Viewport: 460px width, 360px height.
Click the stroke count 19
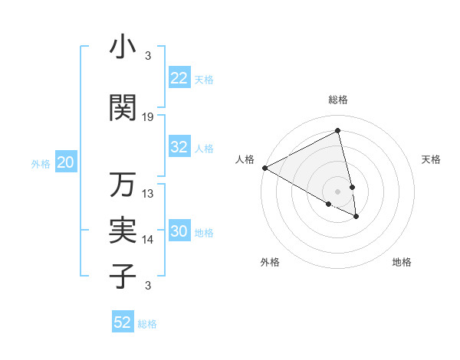(148, 117)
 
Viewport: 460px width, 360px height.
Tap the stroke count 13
(148, 194)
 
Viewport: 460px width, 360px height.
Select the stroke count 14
(148, 240)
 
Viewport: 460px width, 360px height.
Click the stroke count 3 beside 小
(148, 56)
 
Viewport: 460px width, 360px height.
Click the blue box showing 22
(179, 78)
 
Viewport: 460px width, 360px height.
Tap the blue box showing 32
(179, 147)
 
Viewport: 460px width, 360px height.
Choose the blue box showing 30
(179, 232)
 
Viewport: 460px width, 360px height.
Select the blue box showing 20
(66, 162)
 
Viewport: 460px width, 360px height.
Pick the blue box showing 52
(123, 322)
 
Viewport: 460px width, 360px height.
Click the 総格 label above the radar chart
(338, 100)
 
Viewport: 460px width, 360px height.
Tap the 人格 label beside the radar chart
(245, 159)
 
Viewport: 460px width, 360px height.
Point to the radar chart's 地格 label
(402, 262)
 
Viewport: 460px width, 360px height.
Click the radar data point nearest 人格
(264, 168)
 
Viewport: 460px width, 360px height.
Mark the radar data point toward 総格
(338, 131)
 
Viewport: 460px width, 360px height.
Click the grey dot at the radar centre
(337, 191)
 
